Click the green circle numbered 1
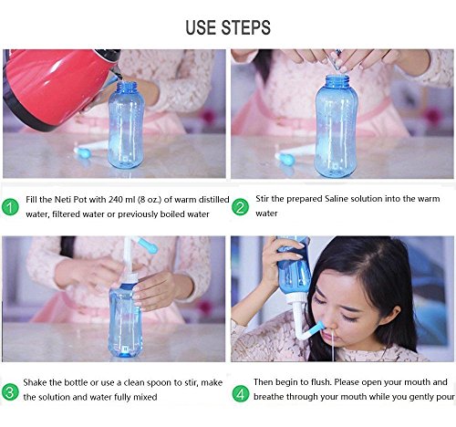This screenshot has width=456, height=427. tap(10, 207)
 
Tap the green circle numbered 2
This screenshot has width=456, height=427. tap(240, 207)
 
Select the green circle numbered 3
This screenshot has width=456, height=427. tap(10, 392)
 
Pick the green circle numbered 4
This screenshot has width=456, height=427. tap(241, 394)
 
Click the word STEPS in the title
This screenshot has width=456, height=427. tap(245, 27)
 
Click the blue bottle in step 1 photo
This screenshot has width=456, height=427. tap(126, 125)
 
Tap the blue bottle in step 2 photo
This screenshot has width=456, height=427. tap(337, 126)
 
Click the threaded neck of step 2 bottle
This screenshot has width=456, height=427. tap(337, 81)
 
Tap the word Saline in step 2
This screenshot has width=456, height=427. tap(337, 199)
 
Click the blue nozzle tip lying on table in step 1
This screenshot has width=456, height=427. tap(80, 151)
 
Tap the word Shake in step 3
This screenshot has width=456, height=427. tap(35, 382)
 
